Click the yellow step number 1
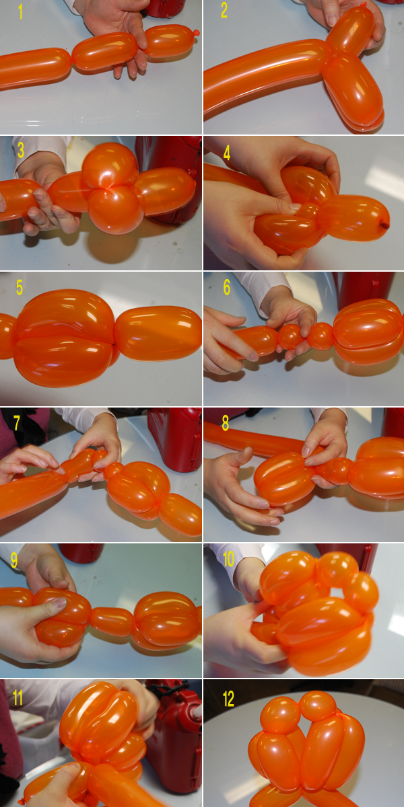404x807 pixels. click(21, 11)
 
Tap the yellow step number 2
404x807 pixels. click(224, 11)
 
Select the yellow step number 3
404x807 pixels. click(21, 150)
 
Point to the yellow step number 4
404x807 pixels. click(226, 153)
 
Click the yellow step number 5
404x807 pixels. click(20, 288)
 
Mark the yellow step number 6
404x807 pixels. click(226, 287)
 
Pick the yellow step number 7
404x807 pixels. click(17, 423)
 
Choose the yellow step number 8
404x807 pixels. click(226, 423)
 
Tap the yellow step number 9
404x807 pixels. click(14, 560)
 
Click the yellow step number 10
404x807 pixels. click(228, 559)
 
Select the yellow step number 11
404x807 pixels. click(18, 698)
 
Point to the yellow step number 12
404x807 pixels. click(228, 699)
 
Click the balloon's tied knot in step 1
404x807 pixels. click(196, 33)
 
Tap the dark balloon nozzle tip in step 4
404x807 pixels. click(384, 225)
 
